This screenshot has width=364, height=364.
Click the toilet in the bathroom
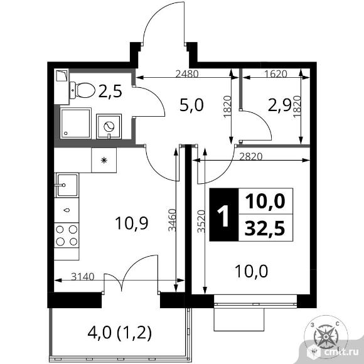click(82, 90)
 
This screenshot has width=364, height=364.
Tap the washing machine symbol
click(109, 127)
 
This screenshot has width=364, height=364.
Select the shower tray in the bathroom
click(76, 123)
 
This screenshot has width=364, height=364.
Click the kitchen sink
click(67, 185)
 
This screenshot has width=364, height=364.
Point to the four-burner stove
click(67, 235)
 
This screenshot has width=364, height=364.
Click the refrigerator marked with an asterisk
click(104, 160)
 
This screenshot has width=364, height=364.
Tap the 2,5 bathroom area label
click(110, 91)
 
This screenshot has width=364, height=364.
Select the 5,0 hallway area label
click(191, 105)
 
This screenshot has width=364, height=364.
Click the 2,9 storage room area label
click(279, 106)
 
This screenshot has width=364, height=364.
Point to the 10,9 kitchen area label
click(131, 223)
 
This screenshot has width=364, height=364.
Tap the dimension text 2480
click(187, 74)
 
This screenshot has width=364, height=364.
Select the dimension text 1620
click(276, 74)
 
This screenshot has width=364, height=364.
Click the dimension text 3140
click(83, 277)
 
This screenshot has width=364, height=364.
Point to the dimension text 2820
click(250, 156)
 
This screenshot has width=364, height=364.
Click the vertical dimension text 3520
click(201, 222)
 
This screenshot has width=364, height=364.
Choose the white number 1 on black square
click(224, 215)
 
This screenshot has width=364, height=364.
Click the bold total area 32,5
click(265, 228)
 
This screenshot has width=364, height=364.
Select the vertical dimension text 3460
click(172, 220)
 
